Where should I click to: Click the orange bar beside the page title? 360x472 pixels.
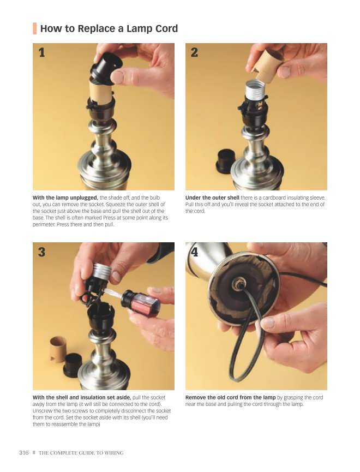pyautogui.click(x=34, y=28)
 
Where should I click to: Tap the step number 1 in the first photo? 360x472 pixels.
pyautogui.click(x=42, y=53)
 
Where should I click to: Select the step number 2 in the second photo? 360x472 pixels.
pyautogui.click(x=194, y=53)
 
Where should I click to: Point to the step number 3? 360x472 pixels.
pyautogui.click(x=42, y=252)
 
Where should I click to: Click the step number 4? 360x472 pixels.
pyautogui.click(x=195, y=252)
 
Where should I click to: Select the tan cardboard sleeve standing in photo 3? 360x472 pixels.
pyautogui.click(x=58, y=349)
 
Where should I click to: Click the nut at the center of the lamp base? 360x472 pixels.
pyautogui.click(x=237, y=283)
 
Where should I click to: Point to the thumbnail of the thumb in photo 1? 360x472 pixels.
pyautogui.click(x=117, y=77)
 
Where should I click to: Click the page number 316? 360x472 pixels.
pyautogui.click(x=24, y=452)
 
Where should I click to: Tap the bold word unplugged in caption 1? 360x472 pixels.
pyautogui.click(x=84, y=198)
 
